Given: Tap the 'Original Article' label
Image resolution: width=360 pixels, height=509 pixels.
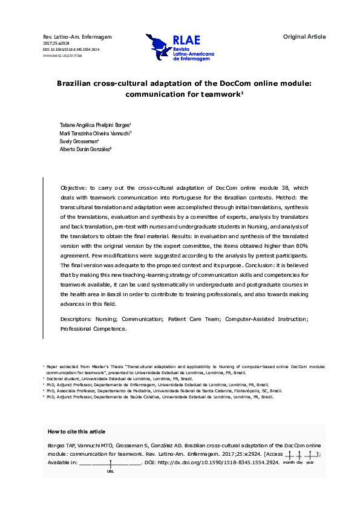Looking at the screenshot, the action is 304,37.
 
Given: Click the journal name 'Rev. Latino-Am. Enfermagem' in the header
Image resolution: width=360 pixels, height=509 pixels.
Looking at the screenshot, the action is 69,37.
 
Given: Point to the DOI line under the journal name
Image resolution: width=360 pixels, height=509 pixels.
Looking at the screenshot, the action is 71,50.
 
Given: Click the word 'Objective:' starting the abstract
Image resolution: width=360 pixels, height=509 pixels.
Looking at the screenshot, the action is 74,189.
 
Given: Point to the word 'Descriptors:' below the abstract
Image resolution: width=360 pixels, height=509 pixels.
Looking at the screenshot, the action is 76,319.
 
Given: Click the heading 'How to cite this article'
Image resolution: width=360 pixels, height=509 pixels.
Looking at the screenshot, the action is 76,432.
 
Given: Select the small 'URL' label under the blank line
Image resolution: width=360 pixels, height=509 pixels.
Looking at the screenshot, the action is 110,471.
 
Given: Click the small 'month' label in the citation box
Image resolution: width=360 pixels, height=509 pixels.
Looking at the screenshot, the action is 289,462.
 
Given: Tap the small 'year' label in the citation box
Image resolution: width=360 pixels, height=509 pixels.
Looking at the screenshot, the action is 310,462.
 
